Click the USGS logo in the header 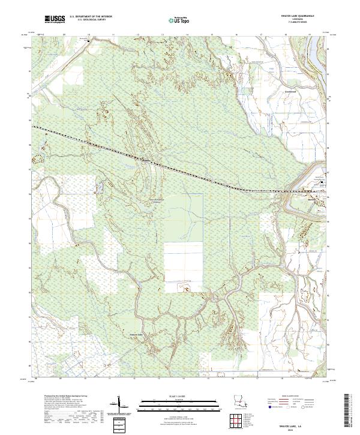tap(55, 19)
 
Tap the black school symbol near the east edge tap(323, 182)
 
